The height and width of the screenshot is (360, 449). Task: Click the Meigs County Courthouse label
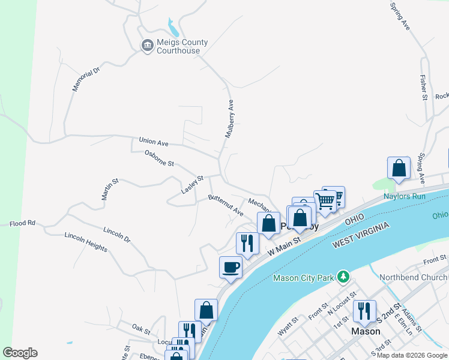pyautogui.click(x=182, y=46)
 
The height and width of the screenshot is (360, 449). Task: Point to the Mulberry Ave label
pyautogui.click(x=229, y=119)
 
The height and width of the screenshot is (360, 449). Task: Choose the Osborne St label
pyautogui.click(x=159, y=158)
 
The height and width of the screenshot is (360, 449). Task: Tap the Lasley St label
pyautogui.click(x=193, y=185)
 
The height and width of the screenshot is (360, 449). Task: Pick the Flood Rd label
pyautogui.click(x=22, y=224)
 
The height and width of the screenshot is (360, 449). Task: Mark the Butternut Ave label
pyautogui.click(x=225, y=205)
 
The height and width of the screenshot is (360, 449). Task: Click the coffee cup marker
pyautogui.click(x=231, y=267)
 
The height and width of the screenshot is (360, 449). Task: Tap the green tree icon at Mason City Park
pyautogui.click(x=343, y=277)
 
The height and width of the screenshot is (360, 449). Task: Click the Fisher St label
pyautogui.click(x=423, y=88)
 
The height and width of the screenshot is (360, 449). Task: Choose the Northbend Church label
pyautogui.click(x=413, y=277)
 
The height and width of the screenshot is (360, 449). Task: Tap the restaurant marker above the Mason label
pyautogui.click(x=364, y=311)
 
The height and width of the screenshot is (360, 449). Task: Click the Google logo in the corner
pyautogui.click(x=20, y=353)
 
